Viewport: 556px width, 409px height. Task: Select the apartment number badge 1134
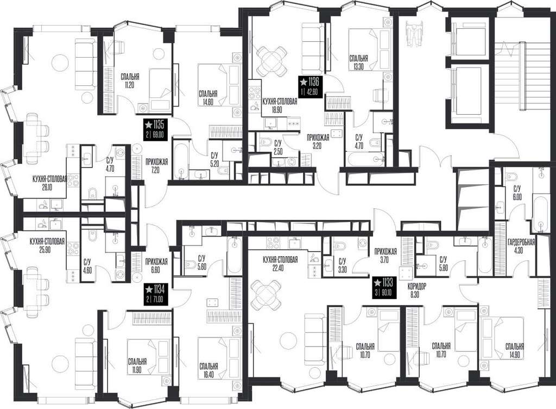(155, 294)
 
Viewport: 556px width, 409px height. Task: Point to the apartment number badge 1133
(383, 288)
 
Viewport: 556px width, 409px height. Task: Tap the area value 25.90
(47, 249)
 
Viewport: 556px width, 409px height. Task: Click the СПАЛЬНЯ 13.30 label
(358, 62)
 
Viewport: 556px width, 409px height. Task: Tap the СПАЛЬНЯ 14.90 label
(515, 350)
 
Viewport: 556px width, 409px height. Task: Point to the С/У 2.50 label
(277, 146)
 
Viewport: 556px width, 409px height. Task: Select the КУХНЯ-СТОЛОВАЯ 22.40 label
(280, 264)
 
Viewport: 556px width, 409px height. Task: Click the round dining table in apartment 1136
(271, 61)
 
